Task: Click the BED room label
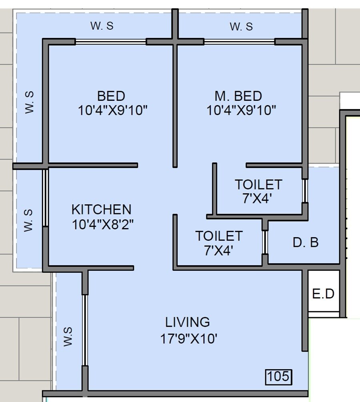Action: [111, 96]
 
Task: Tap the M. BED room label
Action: [238, 96]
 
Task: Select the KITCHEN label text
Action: [101, 209]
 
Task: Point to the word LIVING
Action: [188, 322]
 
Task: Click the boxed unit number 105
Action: [278, 377]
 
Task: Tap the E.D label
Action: [323, 294]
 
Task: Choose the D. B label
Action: [306, 242]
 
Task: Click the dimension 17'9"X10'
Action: [188, 339]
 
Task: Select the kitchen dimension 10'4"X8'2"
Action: [102, 224]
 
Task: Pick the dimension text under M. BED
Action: [241, 110]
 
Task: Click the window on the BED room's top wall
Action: [111, 42]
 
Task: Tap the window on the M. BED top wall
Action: [239, 42]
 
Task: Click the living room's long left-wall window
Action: [85, 330]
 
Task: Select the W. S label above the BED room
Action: [102, 26]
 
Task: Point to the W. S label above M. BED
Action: [241, 27]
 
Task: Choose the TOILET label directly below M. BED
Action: [258, 184]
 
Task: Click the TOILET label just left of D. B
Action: [219, 236]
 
